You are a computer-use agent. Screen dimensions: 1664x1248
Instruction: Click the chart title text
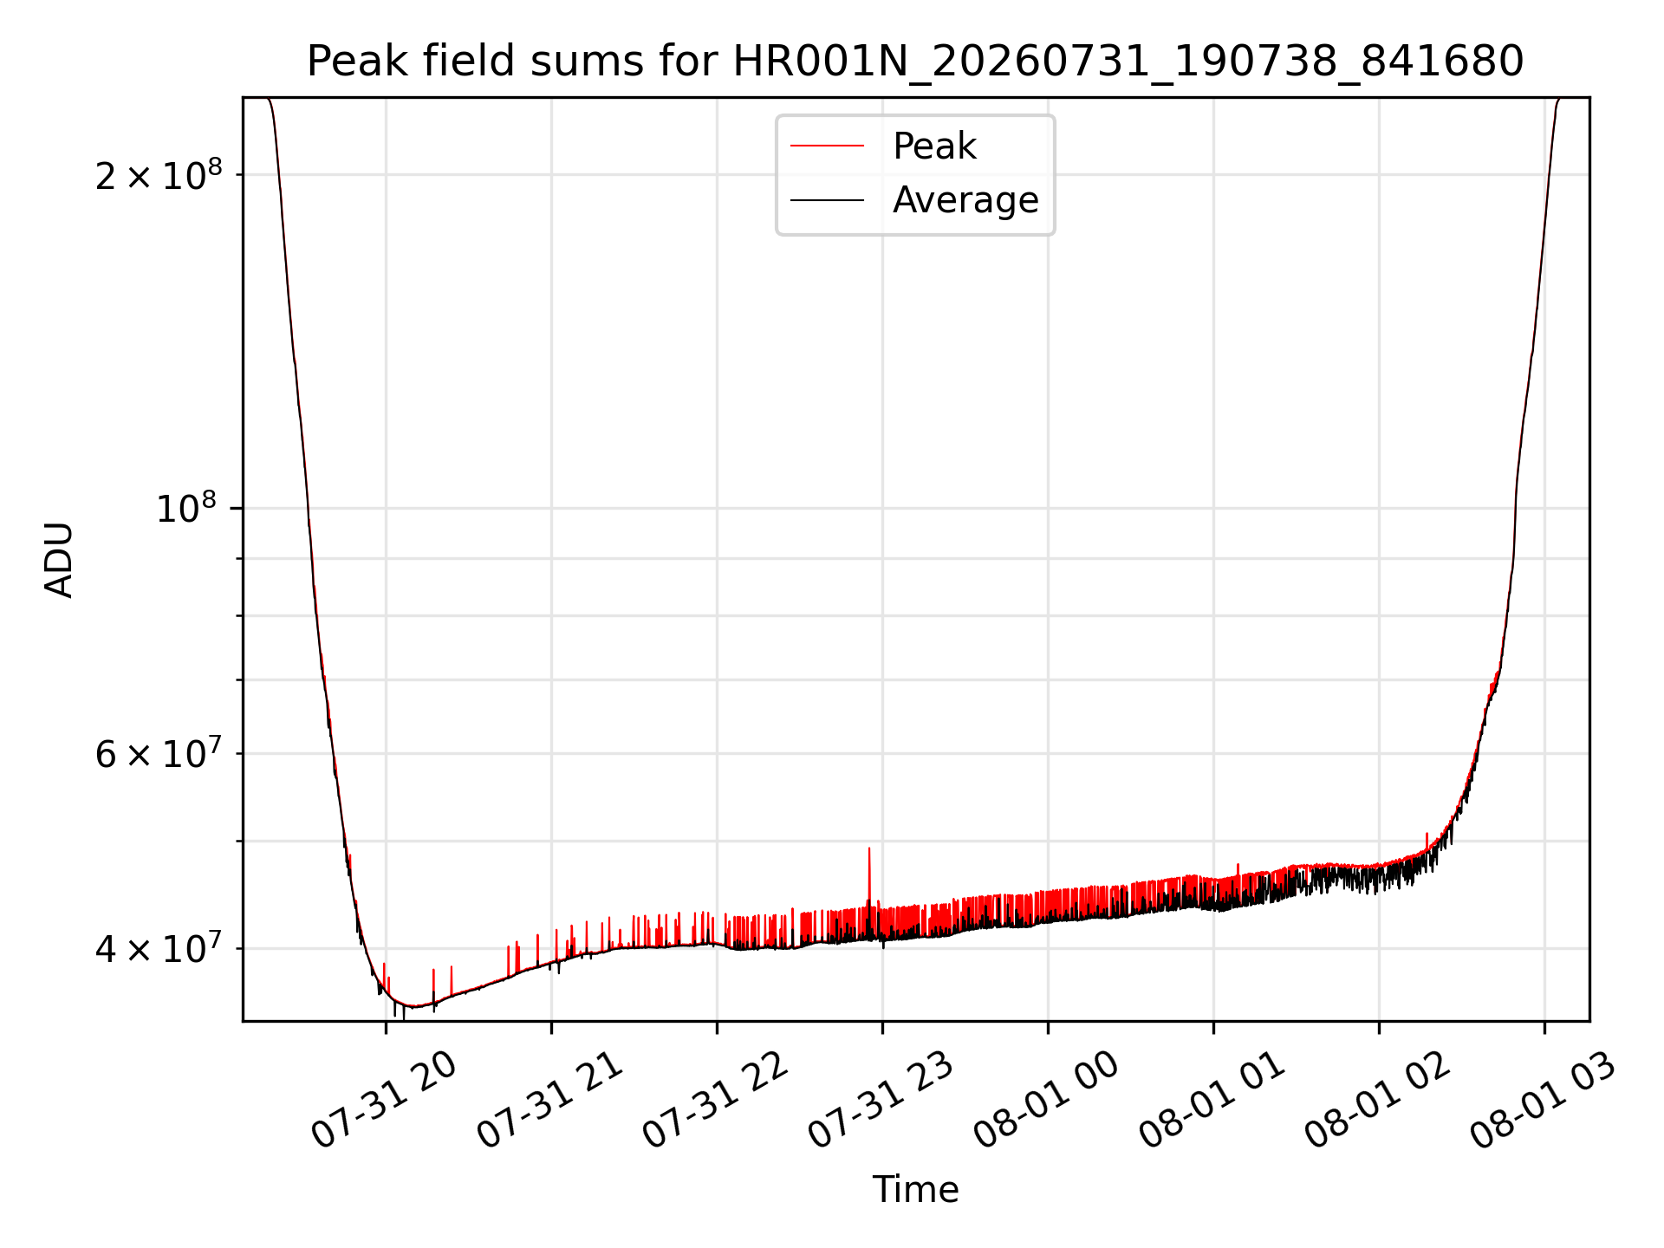click(915, 62)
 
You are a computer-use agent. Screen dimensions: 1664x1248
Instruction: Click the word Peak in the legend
click(934, 146)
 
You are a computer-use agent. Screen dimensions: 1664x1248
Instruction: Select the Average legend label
click(965, 200)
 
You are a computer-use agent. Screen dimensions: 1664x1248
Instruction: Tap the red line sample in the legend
click(827, 146)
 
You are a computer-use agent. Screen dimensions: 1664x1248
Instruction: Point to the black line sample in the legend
click(827, 200)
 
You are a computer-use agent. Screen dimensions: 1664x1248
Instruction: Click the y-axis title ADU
click(59, 560)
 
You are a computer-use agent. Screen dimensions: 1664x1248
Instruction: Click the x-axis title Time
click(915, 1190)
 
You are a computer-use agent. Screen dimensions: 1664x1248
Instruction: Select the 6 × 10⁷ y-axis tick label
click(159, 753)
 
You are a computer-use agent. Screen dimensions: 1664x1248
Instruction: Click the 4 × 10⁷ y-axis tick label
click(159, 948)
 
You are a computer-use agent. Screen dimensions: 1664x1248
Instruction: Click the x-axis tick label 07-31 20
click(384, 1101)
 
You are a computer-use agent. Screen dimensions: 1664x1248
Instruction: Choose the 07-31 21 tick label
click(550, 1101)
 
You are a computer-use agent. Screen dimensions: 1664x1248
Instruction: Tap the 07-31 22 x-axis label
click(716, 1101)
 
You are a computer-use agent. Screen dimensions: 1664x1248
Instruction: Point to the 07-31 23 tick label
click(881, 1101)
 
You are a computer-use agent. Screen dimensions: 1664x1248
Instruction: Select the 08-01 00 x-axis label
click(1047, 1101)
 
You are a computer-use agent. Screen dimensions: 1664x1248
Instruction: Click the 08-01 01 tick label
click(1212, 1101)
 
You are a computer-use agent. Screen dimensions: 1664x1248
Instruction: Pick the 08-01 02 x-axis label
click(1378, 1101)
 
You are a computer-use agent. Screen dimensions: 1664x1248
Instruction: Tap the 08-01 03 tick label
click(1544, 1101)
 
